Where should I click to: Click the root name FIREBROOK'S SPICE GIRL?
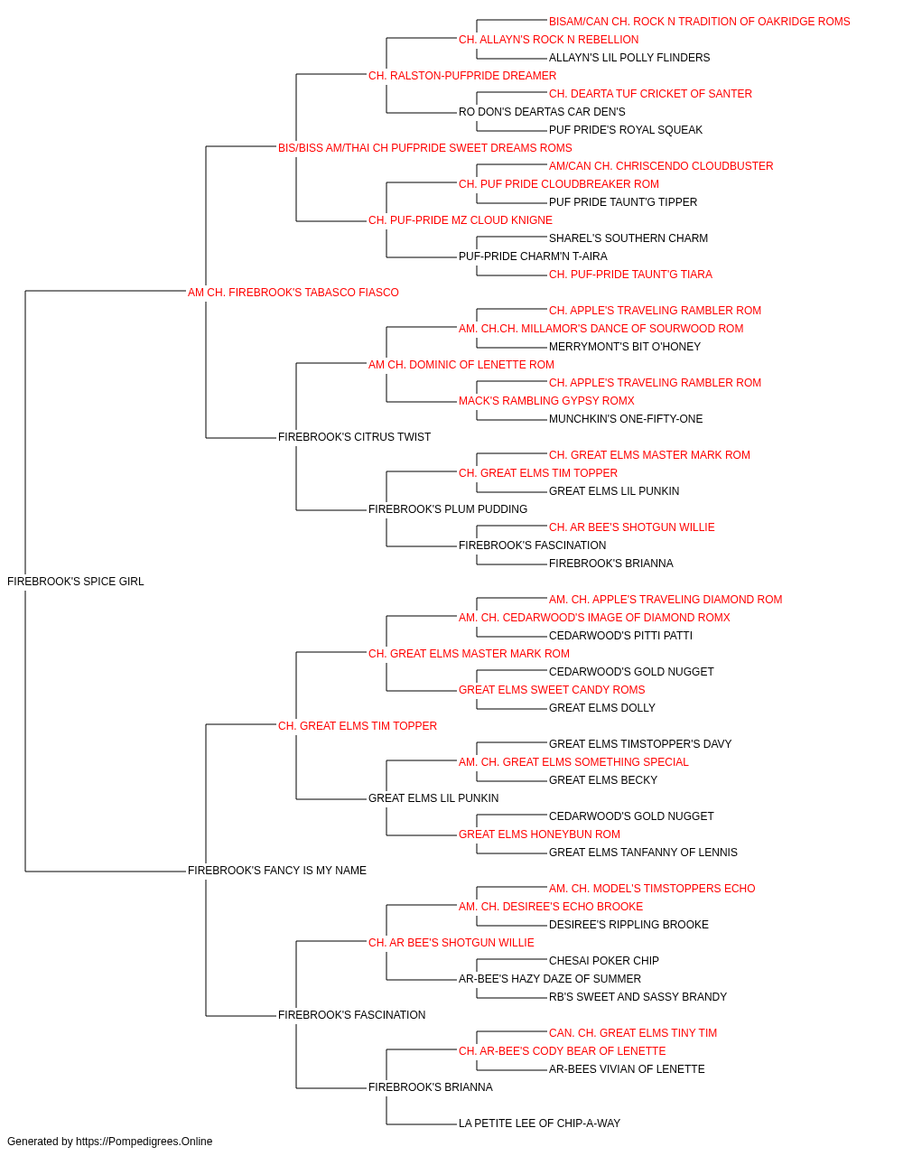coord(76,581)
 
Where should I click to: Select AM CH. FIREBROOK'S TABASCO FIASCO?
coord(293,292)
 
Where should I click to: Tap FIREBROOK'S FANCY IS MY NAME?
coord(277,871)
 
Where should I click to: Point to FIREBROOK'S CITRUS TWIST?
coord(354,437)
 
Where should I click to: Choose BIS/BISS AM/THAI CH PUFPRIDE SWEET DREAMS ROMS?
coord(425,148)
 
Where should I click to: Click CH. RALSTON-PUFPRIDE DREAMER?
coord(462,76)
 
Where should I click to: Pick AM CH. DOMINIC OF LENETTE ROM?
coord(461,364)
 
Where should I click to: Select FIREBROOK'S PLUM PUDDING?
coord(448,509)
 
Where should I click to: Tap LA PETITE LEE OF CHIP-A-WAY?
coord(539,1123)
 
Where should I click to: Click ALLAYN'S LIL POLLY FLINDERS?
coord(629,58)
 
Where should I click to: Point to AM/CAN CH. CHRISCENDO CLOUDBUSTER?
coord(661,166)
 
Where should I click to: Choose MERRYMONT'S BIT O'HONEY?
coord(625,346)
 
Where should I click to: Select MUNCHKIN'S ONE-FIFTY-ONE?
coord(626,419)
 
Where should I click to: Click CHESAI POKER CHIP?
coord(603,960)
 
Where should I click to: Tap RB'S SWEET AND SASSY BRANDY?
coord(638,996)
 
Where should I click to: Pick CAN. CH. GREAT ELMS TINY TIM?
coord(633,1032)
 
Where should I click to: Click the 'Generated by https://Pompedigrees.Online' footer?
coord(109,1142)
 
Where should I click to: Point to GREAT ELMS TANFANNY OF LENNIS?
coord(643,853)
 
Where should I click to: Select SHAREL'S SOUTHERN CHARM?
coord(628,238)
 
